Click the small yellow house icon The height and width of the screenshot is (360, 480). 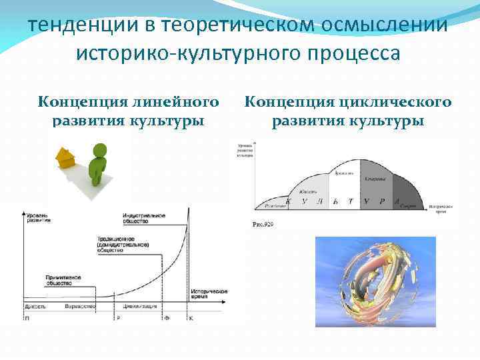tap(65, 157)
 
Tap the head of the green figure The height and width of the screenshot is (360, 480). tap(101, 150)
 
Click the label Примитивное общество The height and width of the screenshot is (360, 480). tap(64, 279)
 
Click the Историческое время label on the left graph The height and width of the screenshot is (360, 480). tap(209, 295)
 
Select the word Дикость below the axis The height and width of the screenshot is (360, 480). tap(35, 306)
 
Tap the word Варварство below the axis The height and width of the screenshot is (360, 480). tap(79, 306)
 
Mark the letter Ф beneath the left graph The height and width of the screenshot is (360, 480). tap(167, 319)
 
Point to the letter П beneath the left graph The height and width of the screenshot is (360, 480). tap(27, 319)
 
